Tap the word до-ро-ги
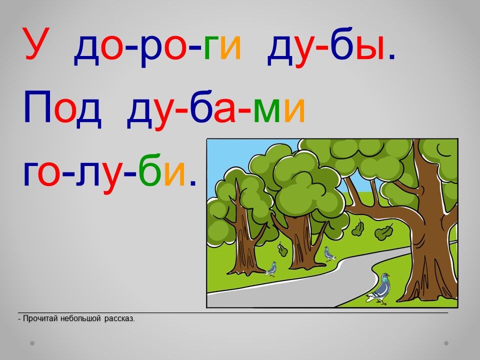[x=157, y=48]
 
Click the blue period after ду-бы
[x=392, y=56]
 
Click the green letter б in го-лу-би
[x=149, y=170]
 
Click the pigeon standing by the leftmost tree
[x=271, y=269]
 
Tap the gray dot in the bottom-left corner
[x=32, y=343]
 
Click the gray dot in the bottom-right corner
[x=446, y=343]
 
